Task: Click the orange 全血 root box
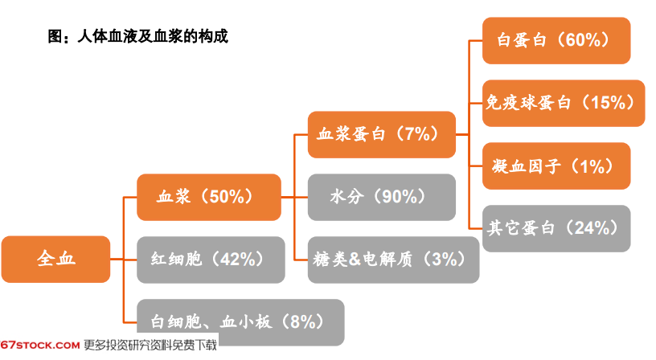coord(55,260)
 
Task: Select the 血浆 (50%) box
coord(209,197)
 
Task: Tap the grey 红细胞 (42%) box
coord(211,260)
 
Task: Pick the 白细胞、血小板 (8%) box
coord(240,322)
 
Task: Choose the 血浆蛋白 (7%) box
coord(382,134)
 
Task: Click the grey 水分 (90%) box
coord(382,197)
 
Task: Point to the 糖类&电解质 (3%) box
coord(393,260)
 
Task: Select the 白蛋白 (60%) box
coord(556,40)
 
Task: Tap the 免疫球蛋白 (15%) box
coord(564,103)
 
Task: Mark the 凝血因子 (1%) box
coord(556,166)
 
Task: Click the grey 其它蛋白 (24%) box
coord(556,228)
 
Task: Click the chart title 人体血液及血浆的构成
coord(153,36)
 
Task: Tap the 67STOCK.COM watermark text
coord(39,346)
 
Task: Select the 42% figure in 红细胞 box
coord(238,260)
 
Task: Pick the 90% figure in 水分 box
coord(400,197)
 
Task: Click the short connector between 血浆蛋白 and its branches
coord(462,134)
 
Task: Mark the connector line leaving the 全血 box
coord(117,260)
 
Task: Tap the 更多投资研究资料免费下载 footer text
coord(150,346)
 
